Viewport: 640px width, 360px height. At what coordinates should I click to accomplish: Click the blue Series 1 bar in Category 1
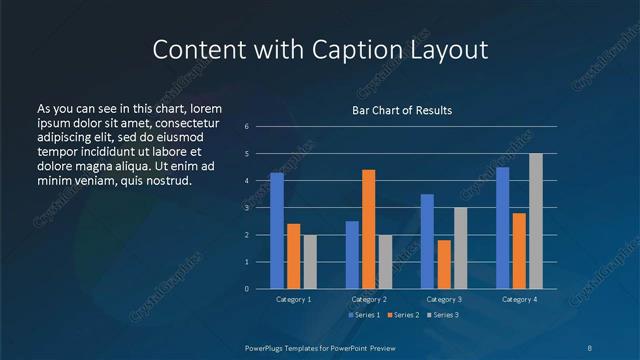[x=277, y=230]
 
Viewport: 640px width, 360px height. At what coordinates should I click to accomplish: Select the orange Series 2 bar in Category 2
[x=368, y=229]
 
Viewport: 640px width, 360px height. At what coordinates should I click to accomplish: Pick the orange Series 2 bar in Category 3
[x=444, y=264]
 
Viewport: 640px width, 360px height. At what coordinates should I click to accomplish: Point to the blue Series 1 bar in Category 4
[x=502, y=227]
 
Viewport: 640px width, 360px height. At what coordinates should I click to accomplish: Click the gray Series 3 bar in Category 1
[x=309, y=261]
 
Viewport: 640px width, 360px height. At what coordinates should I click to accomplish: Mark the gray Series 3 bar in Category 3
[x=460, y=248]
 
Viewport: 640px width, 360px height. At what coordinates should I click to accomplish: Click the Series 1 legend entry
[x=362, y=315]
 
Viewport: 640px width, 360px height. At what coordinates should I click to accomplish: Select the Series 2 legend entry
[x=402, y=315]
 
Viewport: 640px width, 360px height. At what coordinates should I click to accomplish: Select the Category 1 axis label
[x=293, y=299]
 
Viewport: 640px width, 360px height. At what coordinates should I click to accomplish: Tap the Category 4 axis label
[x=519, y=299]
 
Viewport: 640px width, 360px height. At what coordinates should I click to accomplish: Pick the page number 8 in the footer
[x=589, y=347]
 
